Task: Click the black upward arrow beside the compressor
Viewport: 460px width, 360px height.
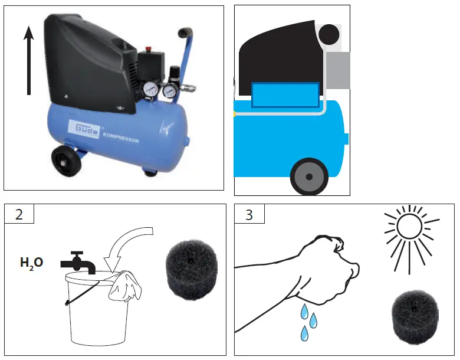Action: click(x=29, y=62)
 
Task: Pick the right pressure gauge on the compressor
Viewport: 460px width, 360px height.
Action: click(x=170, y=91)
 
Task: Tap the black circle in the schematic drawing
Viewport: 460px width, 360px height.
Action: click(x=329, y=35)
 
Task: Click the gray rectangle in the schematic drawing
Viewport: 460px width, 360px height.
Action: click(x=337, y=70)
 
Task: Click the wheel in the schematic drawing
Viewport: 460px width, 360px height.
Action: click(x=309, y=176)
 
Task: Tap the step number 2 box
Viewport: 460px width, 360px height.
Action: click(x=19, y=214)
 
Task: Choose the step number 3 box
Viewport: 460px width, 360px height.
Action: click(x=249, y=214)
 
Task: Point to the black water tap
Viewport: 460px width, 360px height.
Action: click(x=76, y=262)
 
